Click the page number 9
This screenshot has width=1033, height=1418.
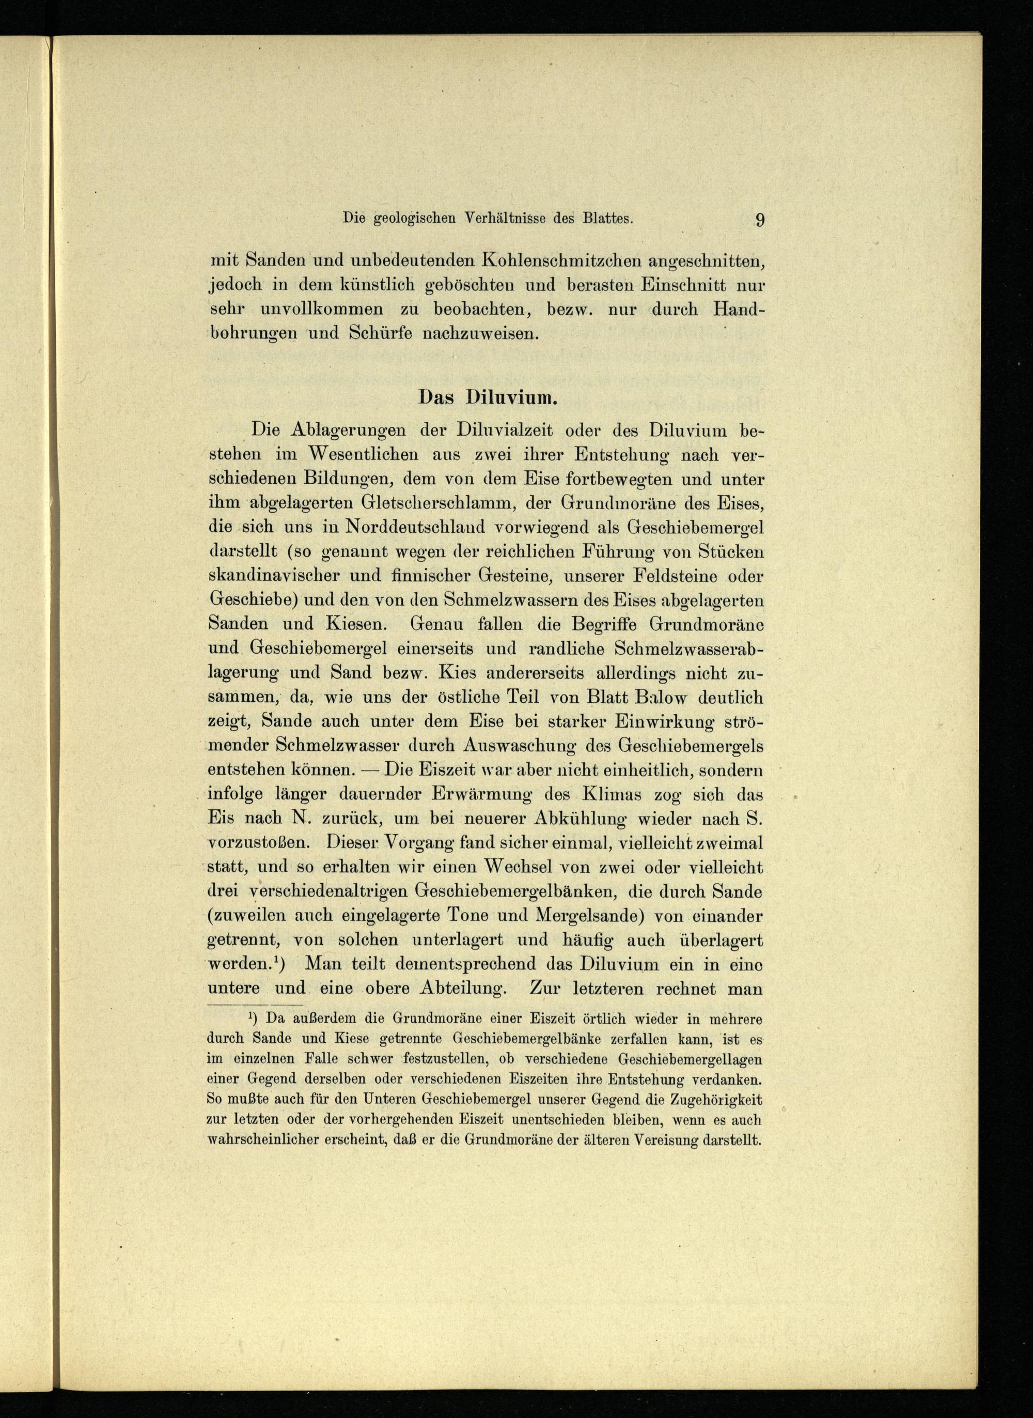pyautogui.click(x=760, y=220)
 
